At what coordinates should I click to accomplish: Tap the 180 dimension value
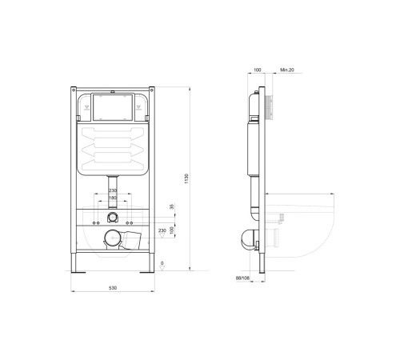[113, 197]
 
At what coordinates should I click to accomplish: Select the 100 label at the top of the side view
[258, 70]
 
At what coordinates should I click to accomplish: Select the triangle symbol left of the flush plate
[85, 104]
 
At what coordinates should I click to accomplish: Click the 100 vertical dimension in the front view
[170, 230]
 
